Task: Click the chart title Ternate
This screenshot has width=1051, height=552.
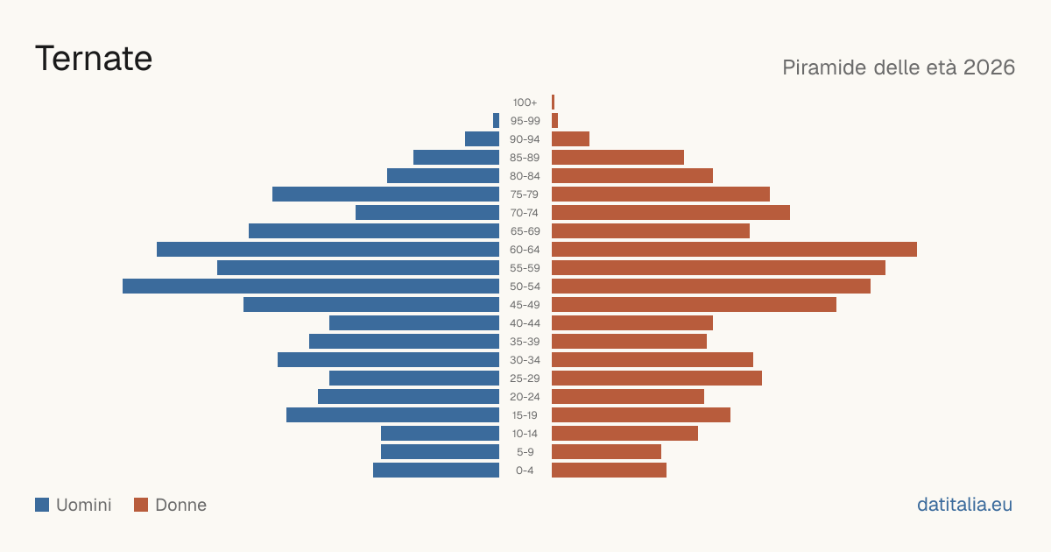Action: pos(94,59)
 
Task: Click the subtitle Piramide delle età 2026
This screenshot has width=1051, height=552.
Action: pos(899,67)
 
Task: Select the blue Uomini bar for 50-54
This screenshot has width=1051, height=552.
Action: pos(311,287)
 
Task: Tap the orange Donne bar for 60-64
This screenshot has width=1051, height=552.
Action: pos(734,249)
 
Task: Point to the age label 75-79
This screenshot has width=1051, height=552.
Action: pos(525,195)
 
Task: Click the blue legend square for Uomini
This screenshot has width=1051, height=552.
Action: pos(42,505)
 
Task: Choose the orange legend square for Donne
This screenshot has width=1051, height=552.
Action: pos(141,505)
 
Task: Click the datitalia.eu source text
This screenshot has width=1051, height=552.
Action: pos(964,505)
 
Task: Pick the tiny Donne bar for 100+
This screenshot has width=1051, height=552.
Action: pos(554,103)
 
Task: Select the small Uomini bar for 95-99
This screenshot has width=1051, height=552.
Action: pos(496,121)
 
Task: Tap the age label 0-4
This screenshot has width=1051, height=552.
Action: pos(525,471)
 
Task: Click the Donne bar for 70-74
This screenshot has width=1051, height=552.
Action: pos(671,213)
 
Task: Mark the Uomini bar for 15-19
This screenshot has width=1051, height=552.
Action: pos(392,415)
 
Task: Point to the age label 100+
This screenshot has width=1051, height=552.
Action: pos(525,103)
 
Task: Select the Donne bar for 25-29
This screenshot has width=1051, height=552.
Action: pos(657,379)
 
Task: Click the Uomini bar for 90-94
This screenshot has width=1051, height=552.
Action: pos(482,139)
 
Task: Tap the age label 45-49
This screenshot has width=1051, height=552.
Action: pos(525,305)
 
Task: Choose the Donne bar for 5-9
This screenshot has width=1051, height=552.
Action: pos(606,452)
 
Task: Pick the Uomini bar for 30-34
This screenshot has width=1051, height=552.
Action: pos(389,360)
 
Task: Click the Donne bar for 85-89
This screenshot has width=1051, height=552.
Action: pos(618,157)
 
